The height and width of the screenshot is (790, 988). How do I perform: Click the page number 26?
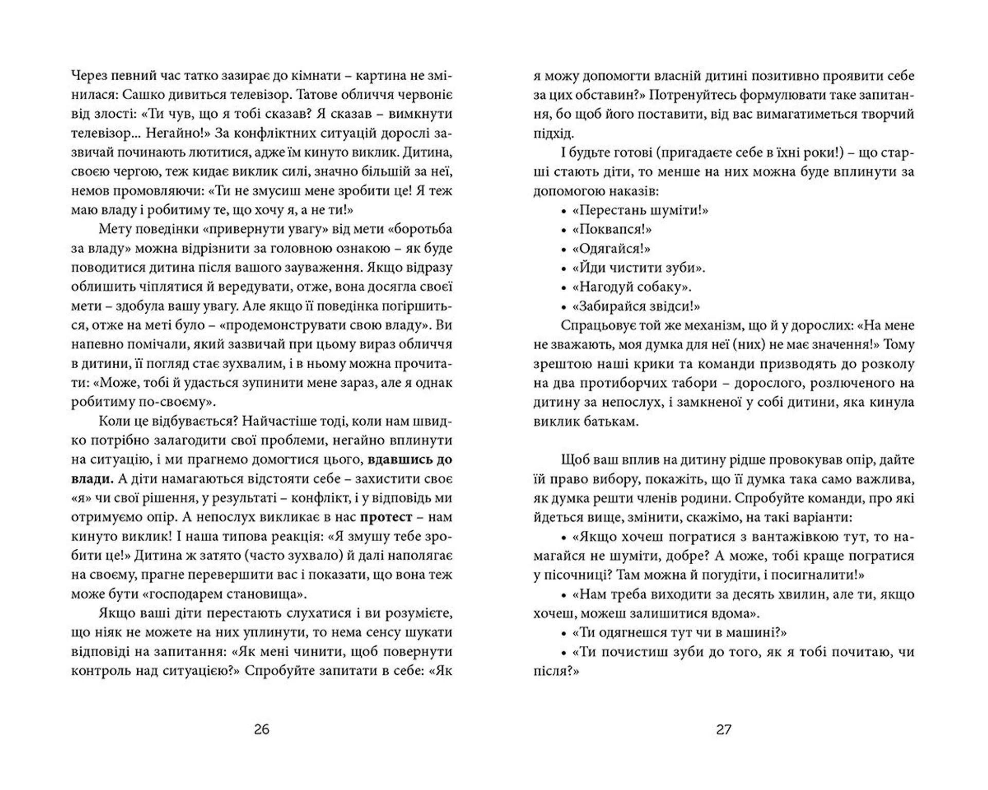tap(261, 729)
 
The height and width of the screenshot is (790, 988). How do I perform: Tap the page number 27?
tap(724, 729)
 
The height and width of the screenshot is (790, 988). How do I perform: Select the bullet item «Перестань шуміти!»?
tap(640, 210)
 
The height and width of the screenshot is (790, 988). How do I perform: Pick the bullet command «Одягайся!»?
tap(611, 249)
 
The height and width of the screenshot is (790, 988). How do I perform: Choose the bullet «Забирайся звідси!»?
tap(636, 307)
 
